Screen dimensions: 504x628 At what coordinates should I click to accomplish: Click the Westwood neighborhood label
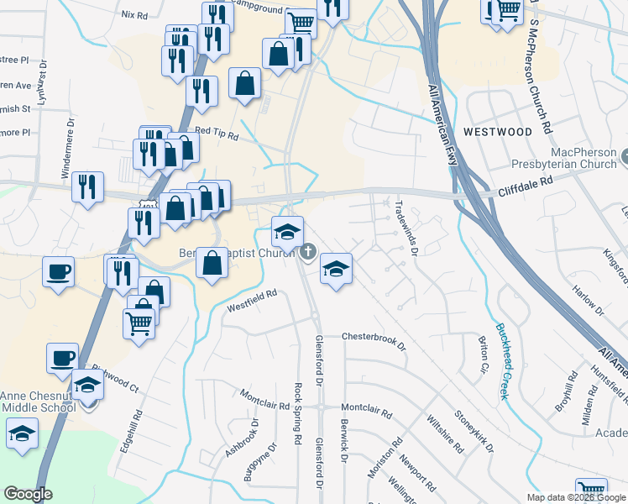497,132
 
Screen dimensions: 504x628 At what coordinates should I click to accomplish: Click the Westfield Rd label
251,301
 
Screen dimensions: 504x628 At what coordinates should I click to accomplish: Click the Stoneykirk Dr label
473,429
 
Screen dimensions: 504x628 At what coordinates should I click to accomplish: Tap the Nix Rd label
134,14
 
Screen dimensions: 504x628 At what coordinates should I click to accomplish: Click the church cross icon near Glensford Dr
308,251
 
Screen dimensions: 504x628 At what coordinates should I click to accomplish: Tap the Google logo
29,494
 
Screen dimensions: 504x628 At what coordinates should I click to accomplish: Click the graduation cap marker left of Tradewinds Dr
336,269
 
